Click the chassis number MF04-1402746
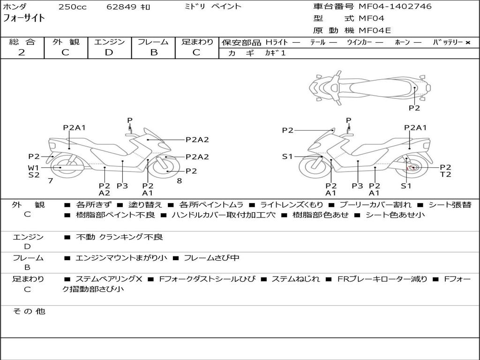395,7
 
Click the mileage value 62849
121,7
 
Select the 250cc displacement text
72,7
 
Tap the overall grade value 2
22,52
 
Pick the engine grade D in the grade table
109,52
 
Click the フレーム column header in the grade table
153,42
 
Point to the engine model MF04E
375,30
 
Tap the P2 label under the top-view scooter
414,108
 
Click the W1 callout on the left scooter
33,167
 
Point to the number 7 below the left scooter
51,180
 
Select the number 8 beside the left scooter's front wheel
180,180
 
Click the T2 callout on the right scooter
445,174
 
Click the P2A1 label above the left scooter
75,127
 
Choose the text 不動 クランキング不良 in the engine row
120,237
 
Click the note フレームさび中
211,258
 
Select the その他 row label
29,311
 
